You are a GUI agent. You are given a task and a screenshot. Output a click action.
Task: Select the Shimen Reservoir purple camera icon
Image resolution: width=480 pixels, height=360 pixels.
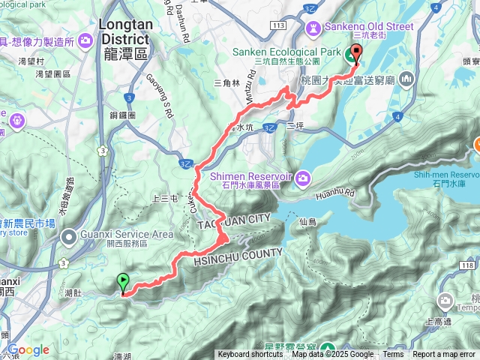[302, 177]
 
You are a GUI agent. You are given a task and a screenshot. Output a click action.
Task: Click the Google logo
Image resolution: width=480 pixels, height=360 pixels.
[28, 349]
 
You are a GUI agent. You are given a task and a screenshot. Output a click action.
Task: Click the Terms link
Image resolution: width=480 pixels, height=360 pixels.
[393, 354]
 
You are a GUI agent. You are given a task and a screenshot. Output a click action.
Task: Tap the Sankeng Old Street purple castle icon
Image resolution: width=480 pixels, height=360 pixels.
[313, 27]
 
